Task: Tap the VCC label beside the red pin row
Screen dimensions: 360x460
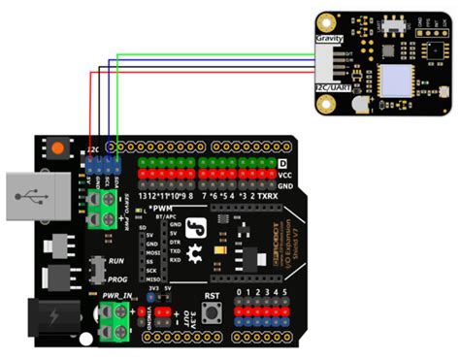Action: click(284, 175)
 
